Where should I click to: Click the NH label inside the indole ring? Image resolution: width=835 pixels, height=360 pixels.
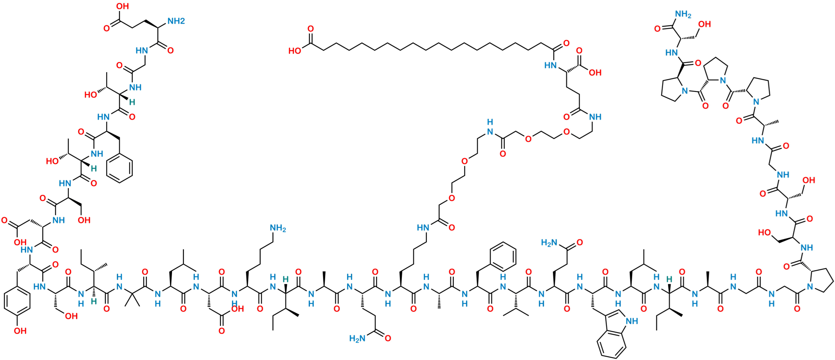point(632,322)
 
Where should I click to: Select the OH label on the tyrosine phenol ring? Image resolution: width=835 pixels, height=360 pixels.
point(20,331)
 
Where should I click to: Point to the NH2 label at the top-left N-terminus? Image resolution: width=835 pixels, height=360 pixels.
point(176,20)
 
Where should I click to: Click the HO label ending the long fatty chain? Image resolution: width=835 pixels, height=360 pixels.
point(296,51)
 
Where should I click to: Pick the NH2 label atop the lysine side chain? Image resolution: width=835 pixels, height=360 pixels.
point(278,228)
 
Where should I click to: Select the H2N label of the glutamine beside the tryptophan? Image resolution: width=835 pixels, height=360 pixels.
point(550,242)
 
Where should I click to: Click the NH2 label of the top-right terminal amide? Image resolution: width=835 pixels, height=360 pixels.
point(683,15)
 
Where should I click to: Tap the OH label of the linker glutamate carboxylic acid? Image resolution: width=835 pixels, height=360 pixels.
point(595,73)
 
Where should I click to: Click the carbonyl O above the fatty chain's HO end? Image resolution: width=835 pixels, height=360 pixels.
point(310,29)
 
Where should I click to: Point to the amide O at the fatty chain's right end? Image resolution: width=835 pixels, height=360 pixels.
point(566,43)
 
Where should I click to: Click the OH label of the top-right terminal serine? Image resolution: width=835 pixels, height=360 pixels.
point(705,24)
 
